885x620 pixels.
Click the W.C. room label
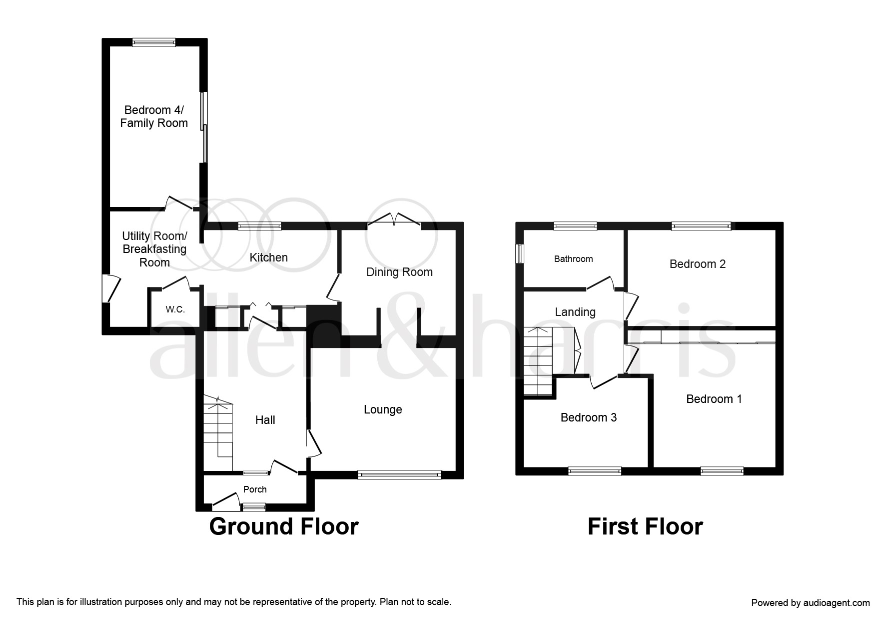point(175,309)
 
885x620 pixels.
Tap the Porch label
point(255,489)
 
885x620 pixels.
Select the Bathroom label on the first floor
point(573,259)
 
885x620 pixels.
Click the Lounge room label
point(383,410)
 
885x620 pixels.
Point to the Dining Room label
point(399,272)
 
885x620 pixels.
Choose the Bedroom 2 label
point(698,264)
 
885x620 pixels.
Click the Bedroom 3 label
point(589,417)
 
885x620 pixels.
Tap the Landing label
point(575,312)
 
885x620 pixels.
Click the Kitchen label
point(269,257)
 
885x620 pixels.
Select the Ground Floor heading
point(284,526)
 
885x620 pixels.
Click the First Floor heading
point(645,526)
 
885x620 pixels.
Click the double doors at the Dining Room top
point(394,220)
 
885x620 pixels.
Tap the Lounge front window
point(400,474)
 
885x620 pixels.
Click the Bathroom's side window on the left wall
point(520,253)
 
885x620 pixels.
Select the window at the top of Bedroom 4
point(154,42)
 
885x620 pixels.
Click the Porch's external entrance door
point(225,502)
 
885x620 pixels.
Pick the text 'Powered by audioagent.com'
point(811,603)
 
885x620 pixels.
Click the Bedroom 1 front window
point(722,470)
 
